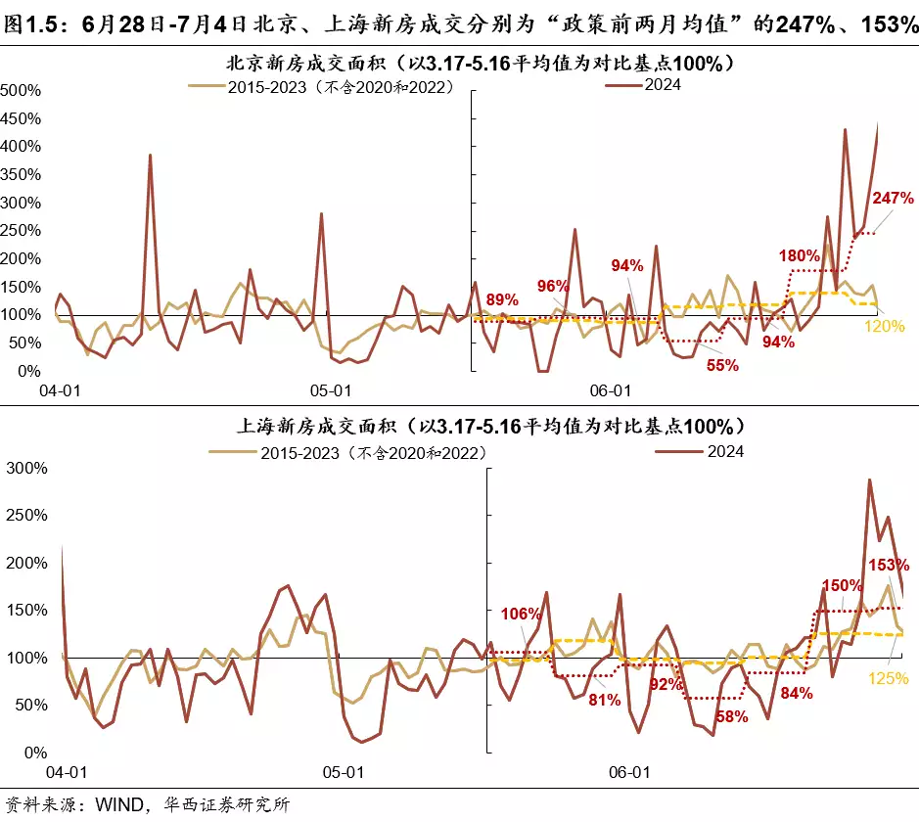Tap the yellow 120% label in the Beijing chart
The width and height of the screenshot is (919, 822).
(x=885, y=326)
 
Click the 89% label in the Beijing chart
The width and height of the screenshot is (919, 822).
(x=502, y=299)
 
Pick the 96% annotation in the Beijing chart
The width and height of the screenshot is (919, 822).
(x=553, y=286)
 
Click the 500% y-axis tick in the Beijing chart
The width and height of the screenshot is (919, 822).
(x=21, y=91)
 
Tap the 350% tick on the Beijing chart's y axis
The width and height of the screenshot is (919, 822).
(x=21, y=175)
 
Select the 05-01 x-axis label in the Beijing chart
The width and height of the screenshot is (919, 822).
(x=331, y=390)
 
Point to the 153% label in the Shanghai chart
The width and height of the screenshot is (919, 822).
(x=889, y=565)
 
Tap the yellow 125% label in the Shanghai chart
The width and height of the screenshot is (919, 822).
(x=889, y=677)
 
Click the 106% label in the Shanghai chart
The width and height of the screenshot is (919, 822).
(x=521, y=614)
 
